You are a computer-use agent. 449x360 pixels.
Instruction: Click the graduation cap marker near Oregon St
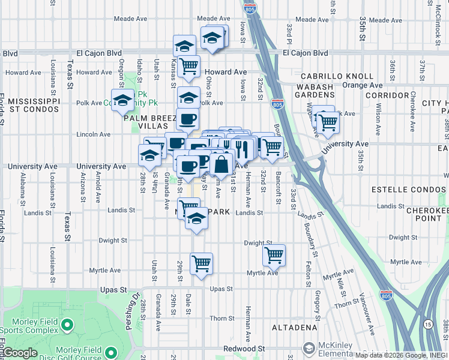(x=123, y=100)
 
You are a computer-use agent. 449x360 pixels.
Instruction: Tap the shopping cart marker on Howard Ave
(x=188, y=65)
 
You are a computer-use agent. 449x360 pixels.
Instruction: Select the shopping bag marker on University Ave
(x=221, y=164)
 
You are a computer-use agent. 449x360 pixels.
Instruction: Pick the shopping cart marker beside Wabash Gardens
(x=328, y=122)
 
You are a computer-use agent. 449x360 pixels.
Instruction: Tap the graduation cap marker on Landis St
(x=196, y=220)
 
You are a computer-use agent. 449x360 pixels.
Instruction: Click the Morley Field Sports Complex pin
(x=67, y=326)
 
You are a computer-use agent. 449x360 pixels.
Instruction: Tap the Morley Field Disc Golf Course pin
(x=110, y=352)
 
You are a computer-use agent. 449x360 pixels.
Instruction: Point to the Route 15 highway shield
(x=427, y=325)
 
